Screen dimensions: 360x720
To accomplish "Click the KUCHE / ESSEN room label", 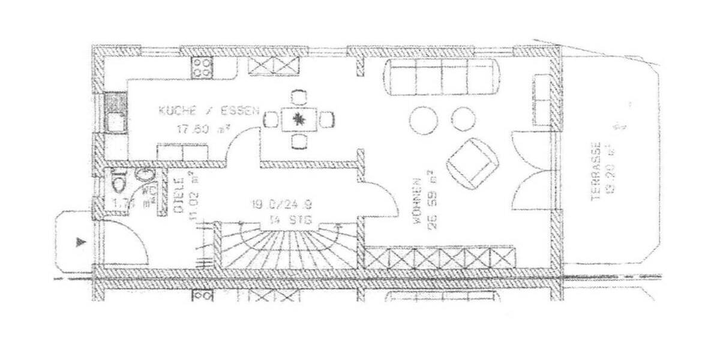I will (x=209, y=110).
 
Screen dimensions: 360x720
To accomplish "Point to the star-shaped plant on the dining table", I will (x=298, y=119).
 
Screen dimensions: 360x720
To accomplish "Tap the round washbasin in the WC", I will (x=144, y=175).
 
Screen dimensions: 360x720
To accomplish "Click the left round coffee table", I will (x=424, y=120).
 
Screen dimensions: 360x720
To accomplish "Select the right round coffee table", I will (x=463, y=118).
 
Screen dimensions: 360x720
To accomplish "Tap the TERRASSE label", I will (x=596, y=171).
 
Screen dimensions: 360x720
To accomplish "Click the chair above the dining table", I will (x=298, y=97).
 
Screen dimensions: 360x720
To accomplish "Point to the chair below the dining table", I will (x=298, y=142).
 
